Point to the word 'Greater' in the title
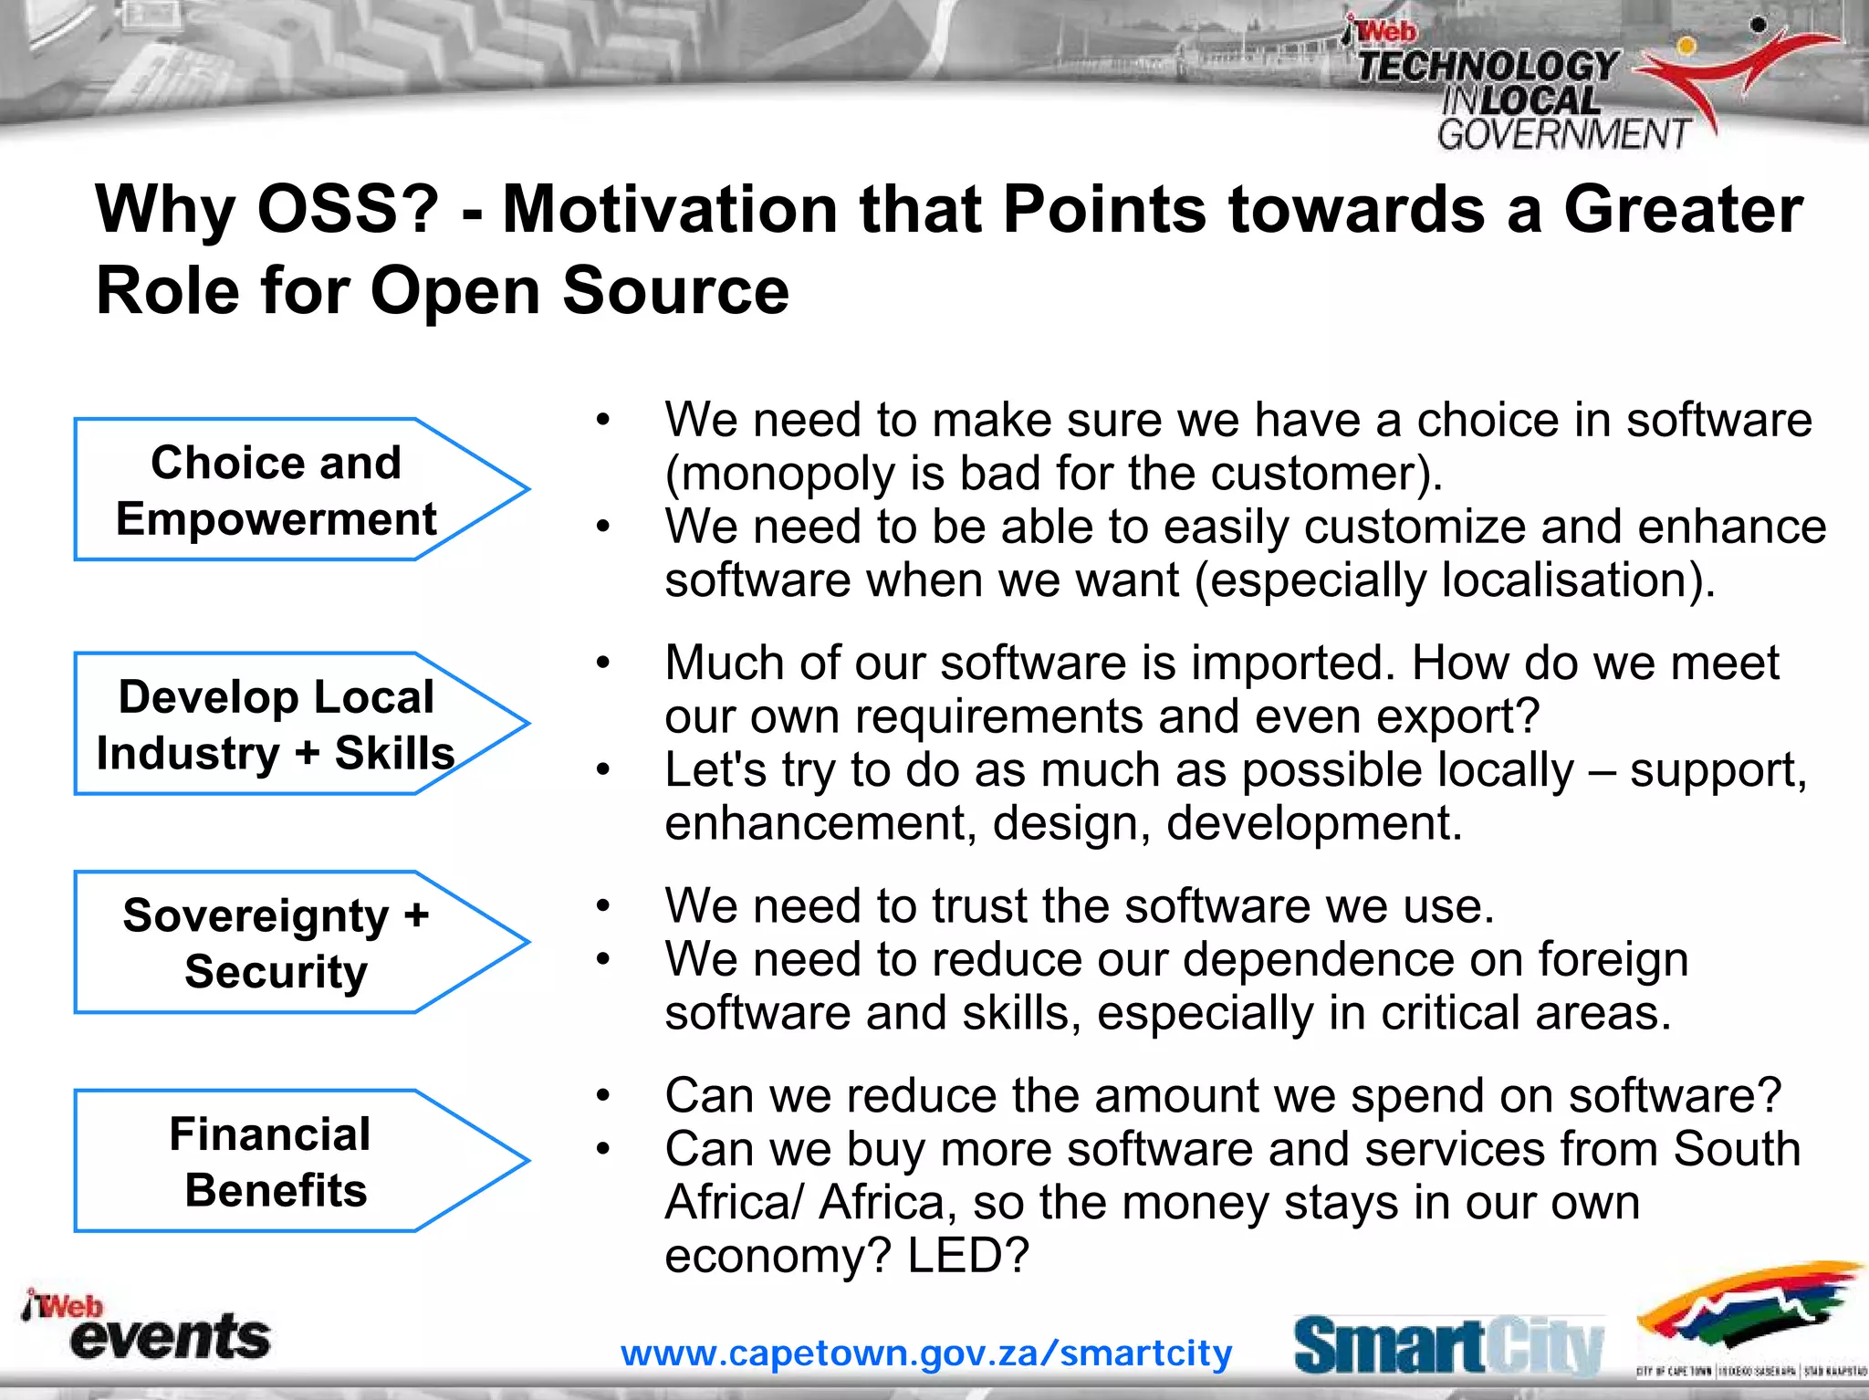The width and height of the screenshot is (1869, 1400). [x=1683, y=209]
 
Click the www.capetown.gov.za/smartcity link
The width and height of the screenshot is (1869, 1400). [x=926, y=1353]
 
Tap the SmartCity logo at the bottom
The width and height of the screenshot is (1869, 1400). [x=1448, y=1345]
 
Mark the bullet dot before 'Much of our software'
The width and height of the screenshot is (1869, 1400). [x=602, y=663]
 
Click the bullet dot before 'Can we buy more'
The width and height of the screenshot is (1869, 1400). [x=602, y=1149]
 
